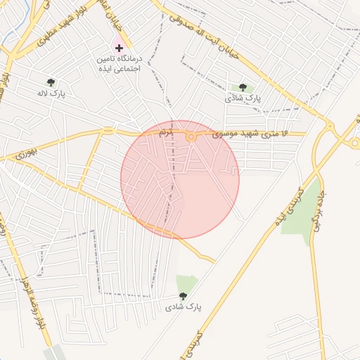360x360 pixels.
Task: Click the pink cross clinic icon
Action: click(118, 48)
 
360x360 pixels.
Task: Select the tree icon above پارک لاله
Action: click(50, 82)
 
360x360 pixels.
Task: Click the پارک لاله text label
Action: click(50, 94)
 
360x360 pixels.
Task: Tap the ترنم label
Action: click(166, 132)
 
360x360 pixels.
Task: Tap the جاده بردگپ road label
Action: click(321, 204)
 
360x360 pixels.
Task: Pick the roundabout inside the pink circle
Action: click(191, 137)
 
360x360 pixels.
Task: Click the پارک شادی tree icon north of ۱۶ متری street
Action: click(243, 87)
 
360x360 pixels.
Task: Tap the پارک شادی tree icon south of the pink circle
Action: click(184, 296)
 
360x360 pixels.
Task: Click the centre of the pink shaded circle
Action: click(180, 179)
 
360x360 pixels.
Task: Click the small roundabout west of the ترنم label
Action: click(108, 130)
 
